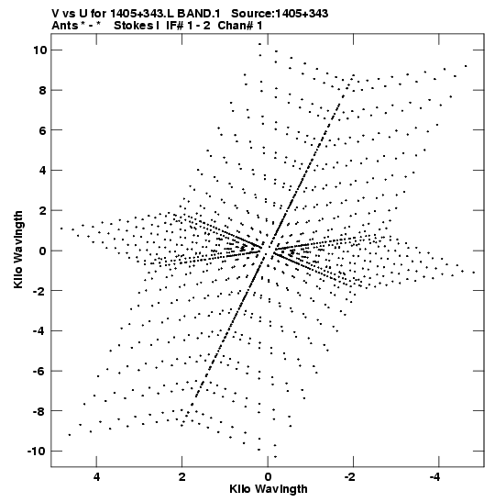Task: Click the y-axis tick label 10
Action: (x=40, y=50)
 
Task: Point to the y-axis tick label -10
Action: (x=37, y=452)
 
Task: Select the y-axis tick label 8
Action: (x=43, y=90)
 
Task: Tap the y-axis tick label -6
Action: (x=39, y=371)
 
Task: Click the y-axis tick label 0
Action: (x=43, y=251)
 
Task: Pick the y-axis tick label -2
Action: (x=39, y=291)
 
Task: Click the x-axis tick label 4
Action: (x=96, y=477)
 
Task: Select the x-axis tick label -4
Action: (x=435, y=477)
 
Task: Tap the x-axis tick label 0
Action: (x=268, y=477)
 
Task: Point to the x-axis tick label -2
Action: (x=350, y=477)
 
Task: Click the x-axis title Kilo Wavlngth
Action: (x=269, y=489)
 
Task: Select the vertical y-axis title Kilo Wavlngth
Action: (x=18, y=250)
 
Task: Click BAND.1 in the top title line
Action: (x=199, y=14)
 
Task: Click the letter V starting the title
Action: (x=56, y=14)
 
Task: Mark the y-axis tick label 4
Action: (x=43, y=171)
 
